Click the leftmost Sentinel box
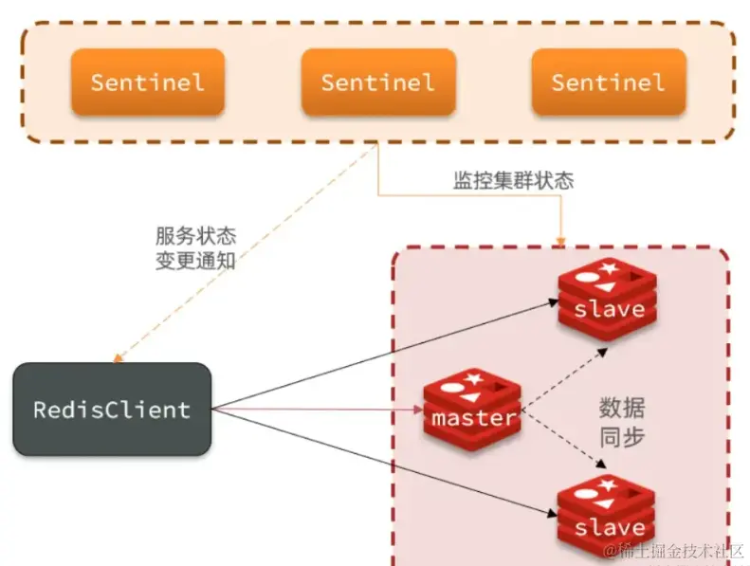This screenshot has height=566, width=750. point(147,82)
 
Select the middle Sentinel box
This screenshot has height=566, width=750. point(377,82)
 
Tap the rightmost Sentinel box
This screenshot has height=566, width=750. point(608,82)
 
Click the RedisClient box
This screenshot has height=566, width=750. point(112,410)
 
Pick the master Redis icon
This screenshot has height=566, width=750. point(472,409)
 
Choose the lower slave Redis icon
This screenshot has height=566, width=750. point(608,517)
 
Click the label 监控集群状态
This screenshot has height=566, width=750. point(513,180)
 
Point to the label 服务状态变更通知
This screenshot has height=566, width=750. point(195,248)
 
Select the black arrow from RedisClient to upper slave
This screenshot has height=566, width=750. point(379,356)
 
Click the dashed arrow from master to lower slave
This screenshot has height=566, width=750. point(567,442)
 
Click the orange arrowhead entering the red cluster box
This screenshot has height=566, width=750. point(559,240)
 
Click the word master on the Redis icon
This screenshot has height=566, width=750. point(474,417)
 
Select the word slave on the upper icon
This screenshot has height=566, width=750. point(610,309)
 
